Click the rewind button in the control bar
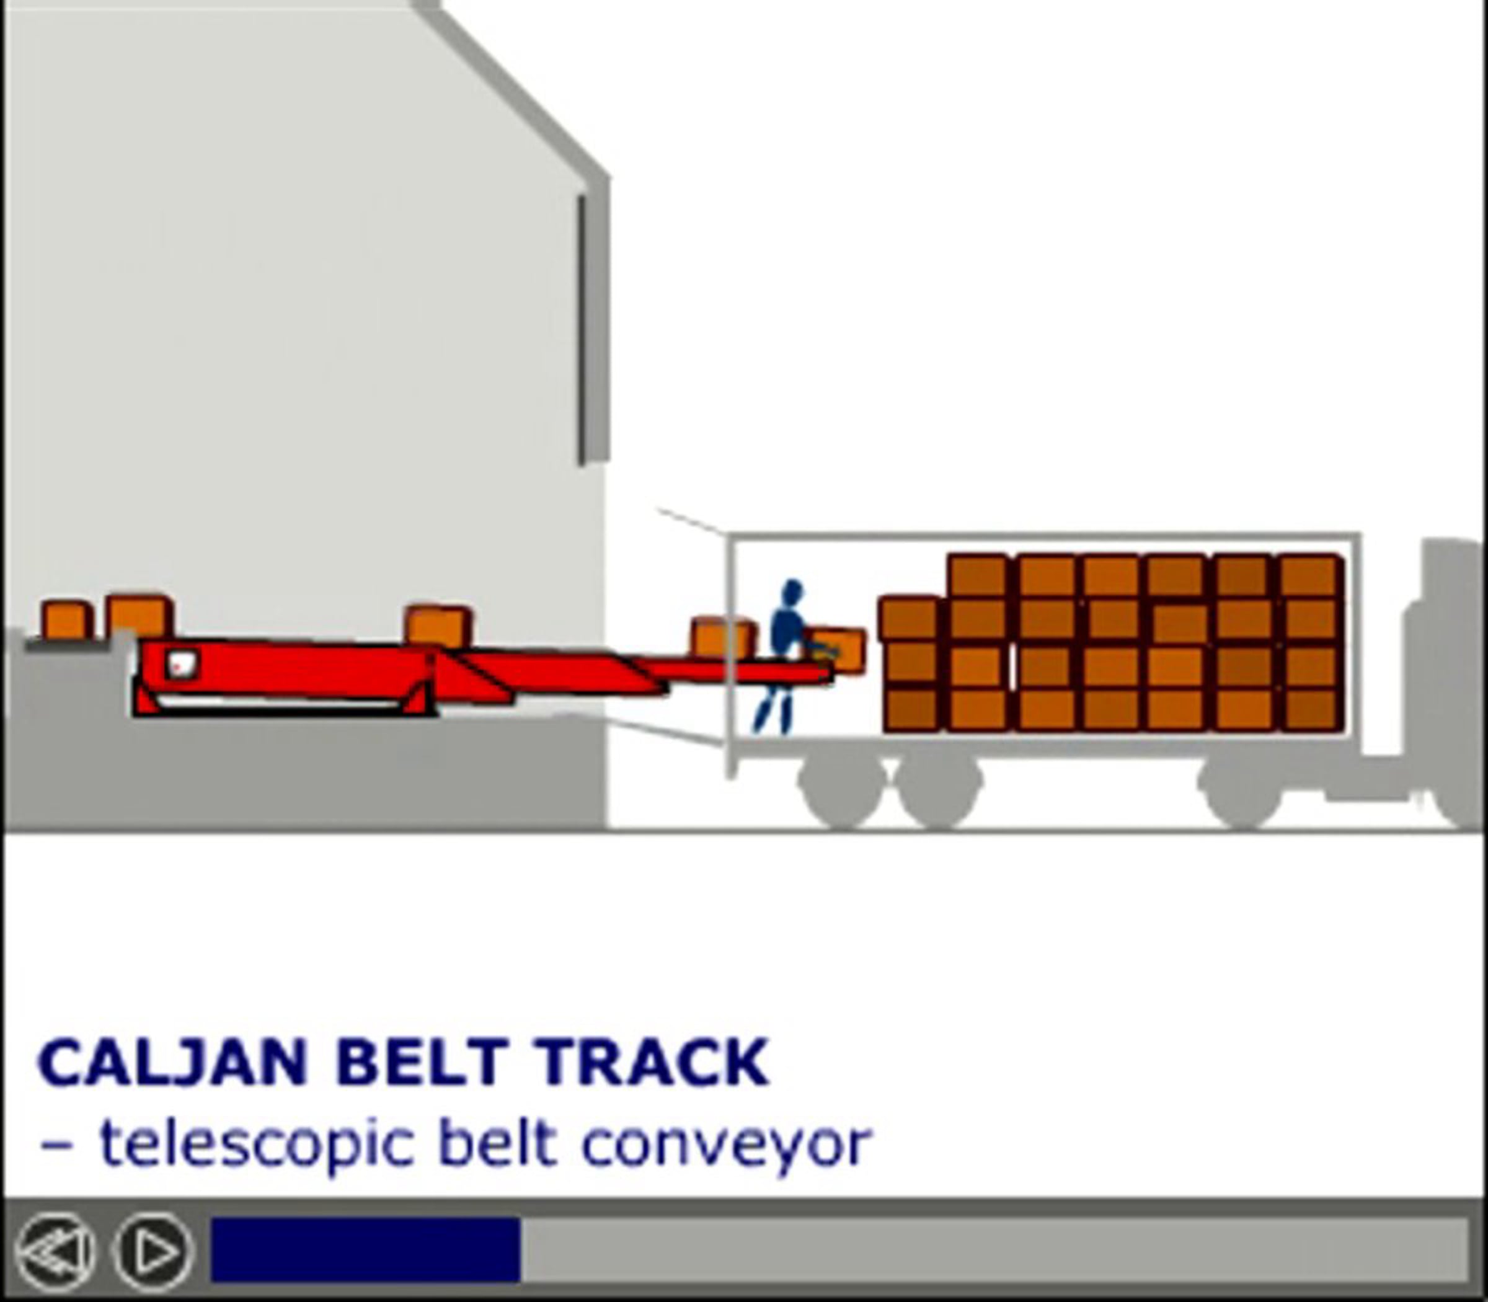tap(55, 1251)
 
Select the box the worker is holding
tap(836, 649)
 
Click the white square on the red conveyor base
tap(182, 665)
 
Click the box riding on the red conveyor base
tap(438, 626)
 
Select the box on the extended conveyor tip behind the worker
tap(722, 638)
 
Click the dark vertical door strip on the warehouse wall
tap(582, 329)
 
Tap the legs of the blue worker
tap(772, 706)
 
